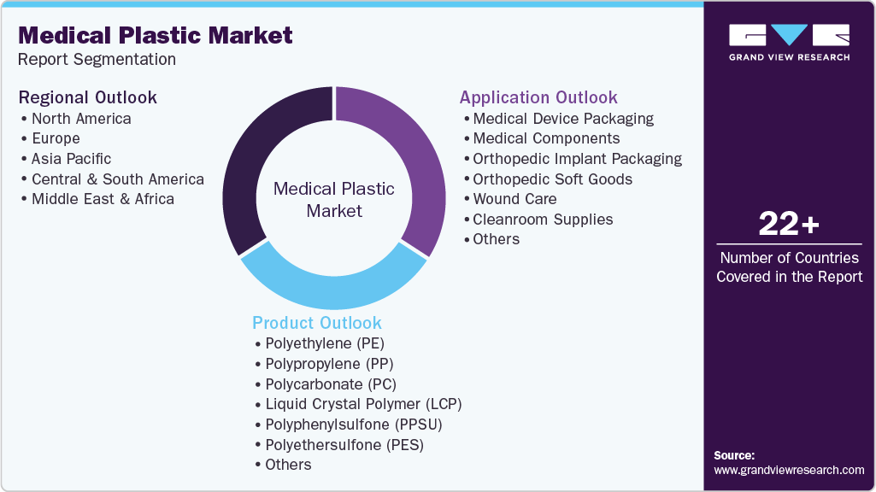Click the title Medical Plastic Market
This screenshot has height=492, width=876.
pyautogui.click(x=156, y=35)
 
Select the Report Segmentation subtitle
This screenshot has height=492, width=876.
pyautogui.click(x=97, y=60)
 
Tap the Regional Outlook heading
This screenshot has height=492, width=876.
pyautogui.click(x=88, y=97)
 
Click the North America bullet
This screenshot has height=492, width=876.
pyautogui.click(x=81, y=118)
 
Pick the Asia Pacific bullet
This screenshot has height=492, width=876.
pyautogui.click(x=71, y=158)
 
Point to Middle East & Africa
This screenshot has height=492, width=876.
pyautogui.click(x=103, y=199)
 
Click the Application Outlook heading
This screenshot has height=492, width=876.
pyautogui.click(x=538, y=97)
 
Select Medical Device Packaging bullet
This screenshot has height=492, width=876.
pyautogui.click(x=563, y=118)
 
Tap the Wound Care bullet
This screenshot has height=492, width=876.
pyautogui.click(x=514, y=199)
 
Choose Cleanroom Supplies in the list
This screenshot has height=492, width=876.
pyautogui.click(x=543, y=220)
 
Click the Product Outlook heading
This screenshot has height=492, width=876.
pyautogui.click(x=317, y=323)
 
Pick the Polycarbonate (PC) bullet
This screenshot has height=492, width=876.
pyautogui.click(x=331, y=384)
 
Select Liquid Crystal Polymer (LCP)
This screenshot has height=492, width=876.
pyautogui.click(x=363, y=404)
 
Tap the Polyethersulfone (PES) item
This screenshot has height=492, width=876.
pyautogui.click(x=344, y=445)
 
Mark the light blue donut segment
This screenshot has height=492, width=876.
pyautogui.click(x=333, y=286)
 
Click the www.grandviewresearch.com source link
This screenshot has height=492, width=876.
pyautogui.click(x=789, y=470)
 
